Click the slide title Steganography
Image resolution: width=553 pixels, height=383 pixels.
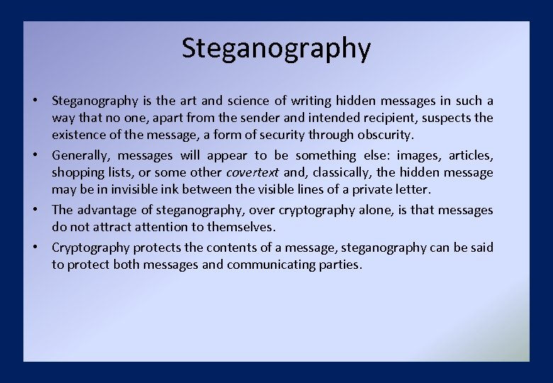[x=276, y=48]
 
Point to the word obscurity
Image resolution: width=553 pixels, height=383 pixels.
[x=384, y=135]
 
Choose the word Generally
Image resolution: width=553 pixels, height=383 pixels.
[x=81, y=155]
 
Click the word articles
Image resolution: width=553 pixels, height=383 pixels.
[x=471, y=155]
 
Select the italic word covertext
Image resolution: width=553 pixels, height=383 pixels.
[x=252, y=172]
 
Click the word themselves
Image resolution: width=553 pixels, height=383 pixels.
[x=239, y=227]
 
